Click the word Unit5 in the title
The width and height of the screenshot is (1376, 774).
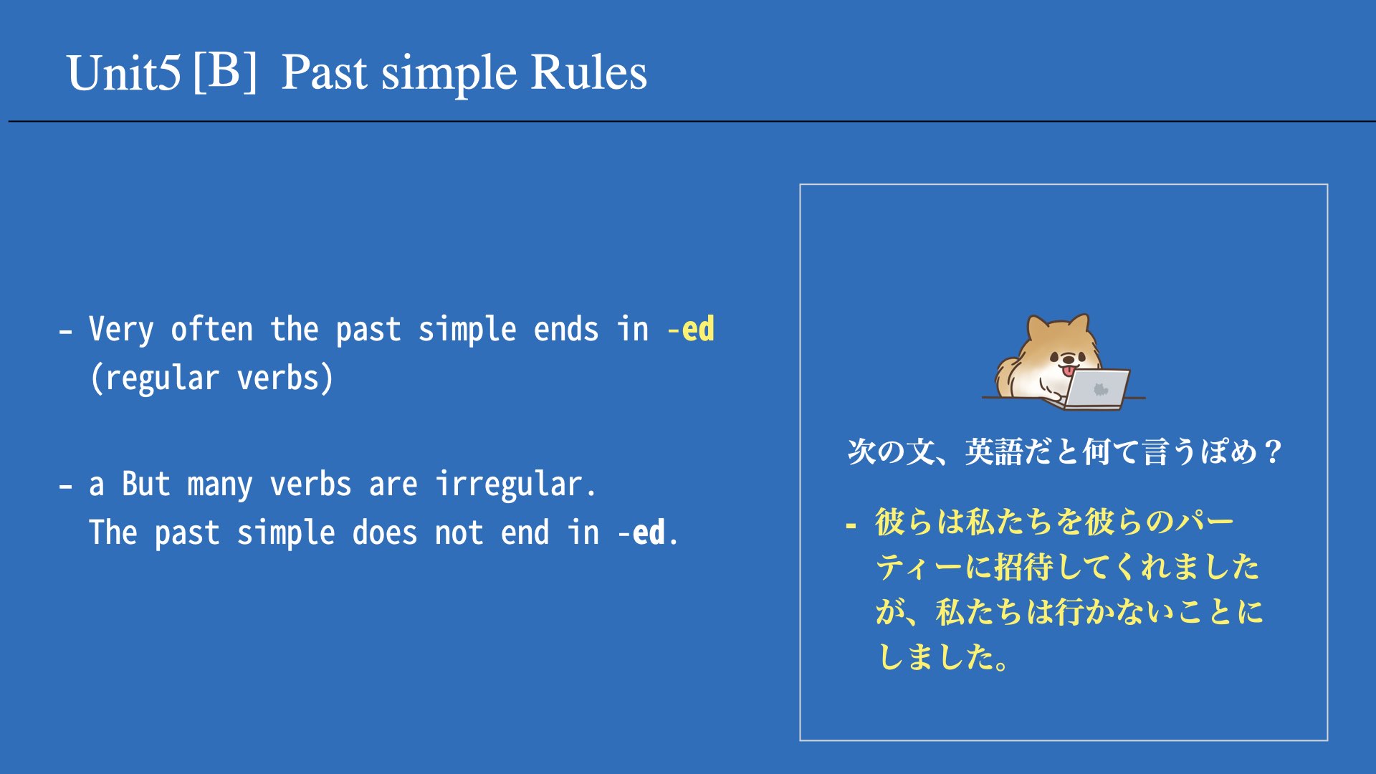pos(123,73)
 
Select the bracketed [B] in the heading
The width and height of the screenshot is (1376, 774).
pos(225,72)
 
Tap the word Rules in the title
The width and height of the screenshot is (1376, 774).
pos(588,73)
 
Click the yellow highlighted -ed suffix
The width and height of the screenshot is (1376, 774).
pos(691,330)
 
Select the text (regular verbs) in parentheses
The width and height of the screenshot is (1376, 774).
pos(212,378)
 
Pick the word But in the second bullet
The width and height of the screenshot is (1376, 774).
pos(146,484)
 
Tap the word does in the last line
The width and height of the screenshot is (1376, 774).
pos(384,532)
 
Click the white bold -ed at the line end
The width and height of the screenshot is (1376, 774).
pos(641,532)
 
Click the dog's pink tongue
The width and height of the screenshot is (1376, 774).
pos(1069,371)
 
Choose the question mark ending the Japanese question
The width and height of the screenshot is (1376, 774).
pos(1273,452)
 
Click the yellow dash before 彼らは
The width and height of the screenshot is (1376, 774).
pos(851,526)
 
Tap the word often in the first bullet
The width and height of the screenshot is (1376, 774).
pos(212,330)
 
